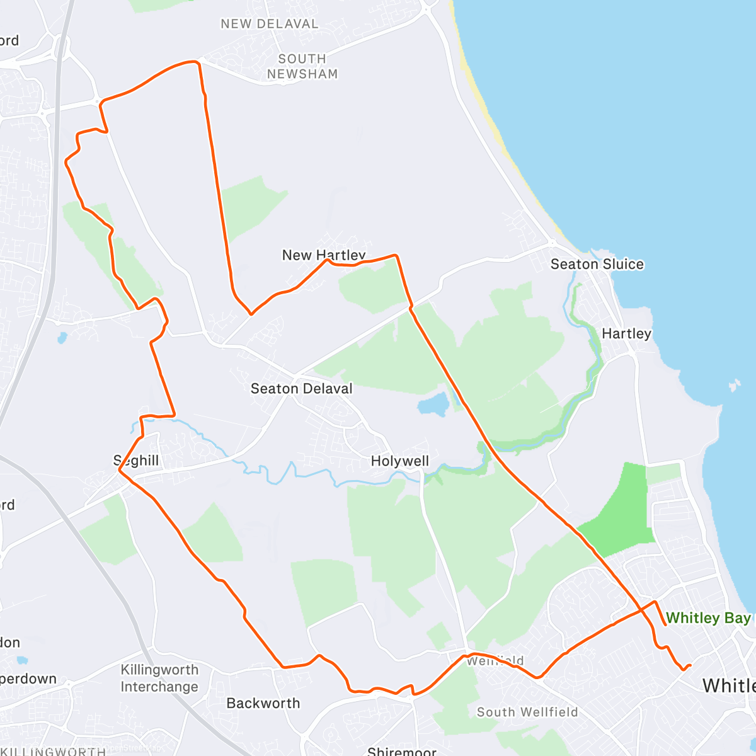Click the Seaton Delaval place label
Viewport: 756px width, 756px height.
tap(301, 389)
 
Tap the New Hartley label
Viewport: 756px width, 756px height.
tap(323, 255)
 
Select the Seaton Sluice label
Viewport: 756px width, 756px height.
tap(597, 264)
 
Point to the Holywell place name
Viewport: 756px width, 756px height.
tap(399, 461)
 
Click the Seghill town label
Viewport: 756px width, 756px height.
tap(136, 461)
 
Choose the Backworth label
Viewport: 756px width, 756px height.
tap(263, 703)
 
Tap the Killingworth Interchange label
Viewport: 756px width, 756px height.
tap(159, 678)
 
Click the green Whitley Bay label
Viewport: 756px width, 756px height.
tap(708, 618)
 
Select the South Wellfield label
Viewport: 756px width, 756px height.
tap(527, 712)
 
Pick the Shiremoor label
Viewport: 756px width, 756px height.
tap(401, 751)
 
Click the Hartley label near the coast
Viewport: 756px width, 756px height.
tap(626, 333)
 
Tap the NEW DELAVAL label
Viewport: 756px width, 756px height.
tap(269, 24)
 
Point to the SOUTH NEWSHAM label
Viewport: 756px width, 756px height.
tap(302, 66)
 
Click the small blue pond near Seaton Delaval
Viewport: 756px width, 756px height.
tap(433, 404)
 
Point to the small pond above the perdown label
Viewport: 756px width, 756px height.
tap(22, 660)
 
